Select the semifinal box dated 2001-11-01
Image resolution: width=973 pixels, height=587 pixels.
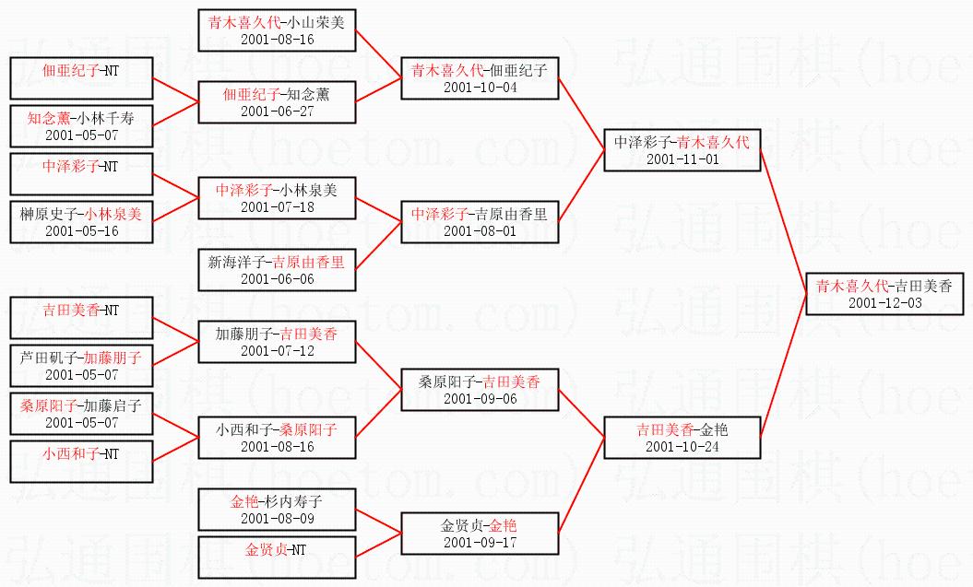point(682,150)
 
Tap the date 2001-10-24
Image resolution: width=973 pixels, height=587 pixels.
point(682,447)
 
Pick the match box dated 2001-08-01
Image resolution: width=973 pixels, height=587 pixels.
point(480,222)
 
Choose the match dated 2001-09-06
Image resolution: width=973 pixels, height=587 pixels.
point(480,390)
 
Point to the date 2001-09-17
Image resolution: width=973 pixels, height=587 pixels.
point(480,543)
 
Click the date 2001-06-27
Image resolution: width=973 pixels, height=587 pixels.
point(277,112)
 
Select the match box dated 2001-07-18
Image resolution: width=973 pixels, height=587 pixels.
point(277,198)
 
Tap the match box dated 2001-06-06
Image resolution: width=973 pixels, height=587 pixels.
point(277,270)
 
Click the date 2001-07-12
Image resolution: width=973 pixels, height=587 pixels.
point(277,351)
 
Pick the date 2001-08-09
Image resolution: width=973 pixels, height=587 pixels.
point(277,519)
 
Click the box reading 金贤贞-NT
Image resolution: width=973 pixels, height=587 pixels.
point(277,558)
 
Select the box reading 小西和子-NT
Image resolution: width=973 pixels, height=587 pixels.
point(81,462)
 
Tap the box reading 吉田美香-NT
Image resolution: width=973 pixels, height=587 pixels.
point(81,318)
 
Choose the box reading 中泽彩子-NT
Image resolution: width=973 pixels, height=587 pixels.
point(81,174)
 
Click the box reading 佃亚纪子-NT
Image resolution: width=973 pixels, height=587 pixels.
point(81,78)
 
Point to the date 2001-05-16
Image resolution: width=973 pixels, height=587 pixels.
point(81,231)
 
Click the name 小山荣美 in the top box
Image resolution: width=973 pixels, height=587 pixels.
point(315,23)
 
